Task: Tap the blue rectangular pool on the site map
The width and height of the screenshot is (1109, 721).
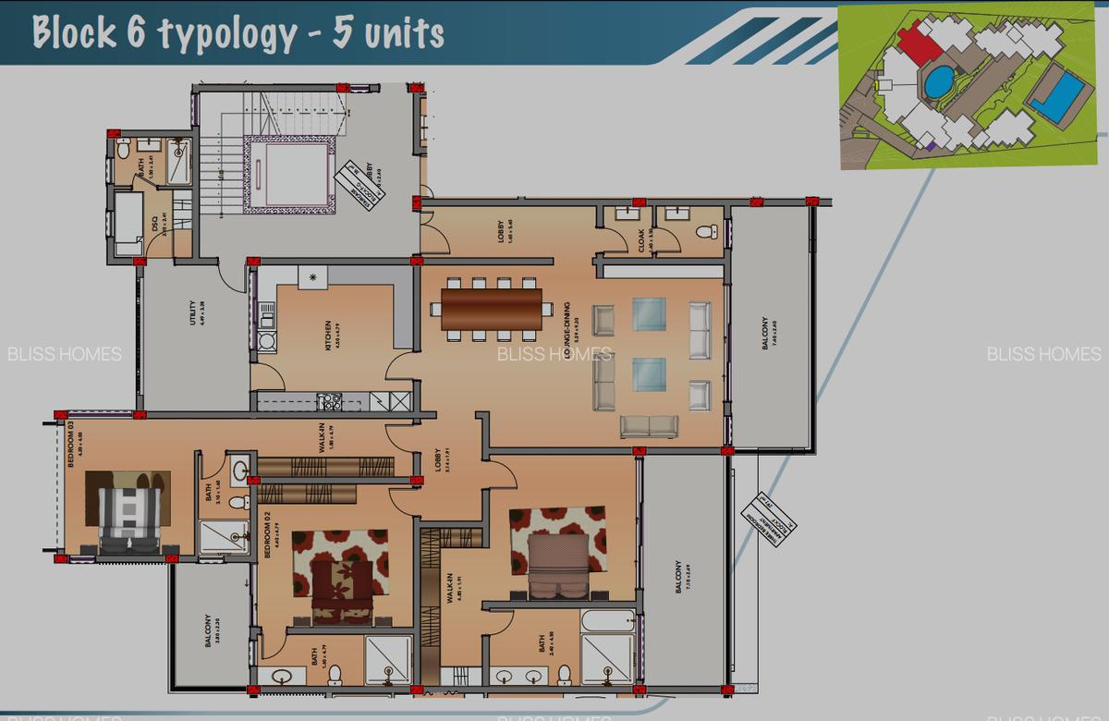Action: point(1059,96)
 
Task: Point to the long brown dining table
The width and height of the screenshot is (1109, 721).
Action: point(492,310)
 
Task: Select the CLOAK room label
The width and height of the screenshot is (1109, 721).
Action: point(641,239)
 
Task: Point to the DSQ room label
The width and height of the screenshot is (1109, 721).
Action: point(154,225)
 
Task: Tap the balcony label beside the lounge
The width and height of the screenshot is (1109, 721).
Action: point(764,333)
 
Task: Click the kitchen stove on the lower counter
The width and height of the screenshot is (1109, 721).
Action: point(329,401)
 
